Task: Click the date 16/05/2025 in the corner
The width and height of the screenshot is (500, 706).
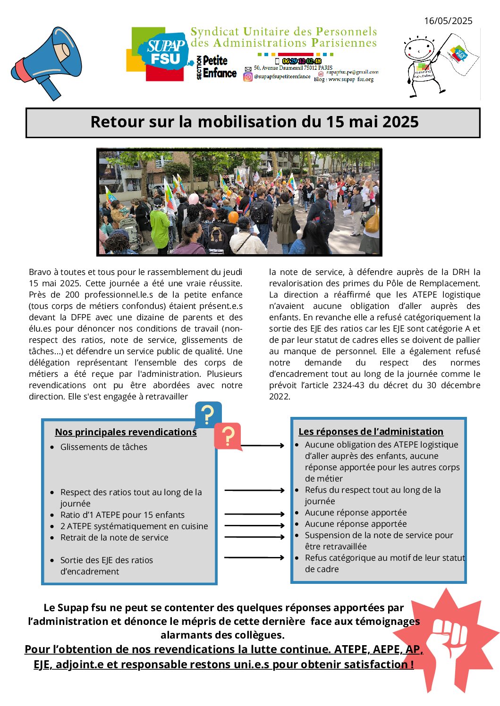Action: pos(448,21)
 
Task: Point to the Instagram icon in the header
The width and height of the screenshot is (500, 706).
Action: pos(248,77)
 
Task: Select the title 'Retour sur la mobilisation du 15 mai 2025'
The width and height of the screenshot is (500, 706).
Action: pos(254,122)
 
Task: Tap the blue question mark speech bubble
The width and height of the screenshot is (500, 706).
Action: pos(207,414)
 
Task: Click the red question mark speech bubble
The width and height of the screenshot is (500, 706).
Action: pos(228,436)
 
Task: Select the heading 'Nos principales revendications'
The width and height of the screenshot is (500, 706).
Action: pos(126,432)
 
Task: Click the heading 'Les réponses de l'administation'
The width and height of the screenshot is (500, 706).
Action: pos(371,432)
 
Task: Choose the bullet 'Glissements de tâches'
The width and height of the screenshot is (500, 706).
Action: pos(104,447)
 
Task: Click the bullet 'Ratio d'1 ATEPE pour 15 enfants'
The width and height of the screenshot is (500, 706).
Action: pos(122,515)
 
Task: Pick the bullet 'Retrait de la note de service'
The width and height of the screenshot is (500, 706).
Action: pos(114,538)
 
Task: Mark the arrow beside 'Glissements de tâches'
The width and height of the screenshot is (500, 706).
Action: pos(263,445)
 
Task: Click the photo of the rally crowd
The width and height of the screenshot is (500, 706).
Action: pos(239,202)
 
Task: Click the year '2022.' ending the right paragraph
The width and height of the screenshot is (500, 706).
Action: pos(279,397)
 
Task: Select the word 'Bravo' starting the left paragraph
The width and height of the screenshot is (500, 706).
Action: pos(40,272)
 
